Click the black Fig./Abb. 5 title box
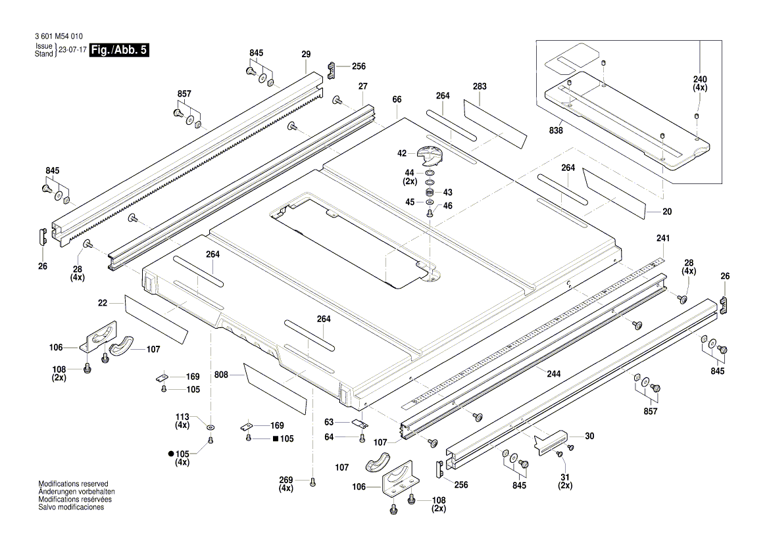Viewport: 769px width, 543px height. click(x=119, y=51)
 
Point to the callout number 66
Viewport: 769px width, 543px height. click(x=397, y=99)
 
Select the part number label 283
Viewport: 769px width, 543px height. click(x=480, y=86)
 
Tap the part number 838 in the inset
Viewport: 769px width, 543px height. click(x=556, y=131)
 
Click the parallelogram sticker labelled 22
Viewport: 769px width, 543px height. click(x=155, y=318)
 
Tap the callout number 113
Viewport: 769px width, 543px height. click(x=182, y=417)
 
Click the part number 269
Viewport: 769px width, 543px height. click(x=285, y=480)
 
